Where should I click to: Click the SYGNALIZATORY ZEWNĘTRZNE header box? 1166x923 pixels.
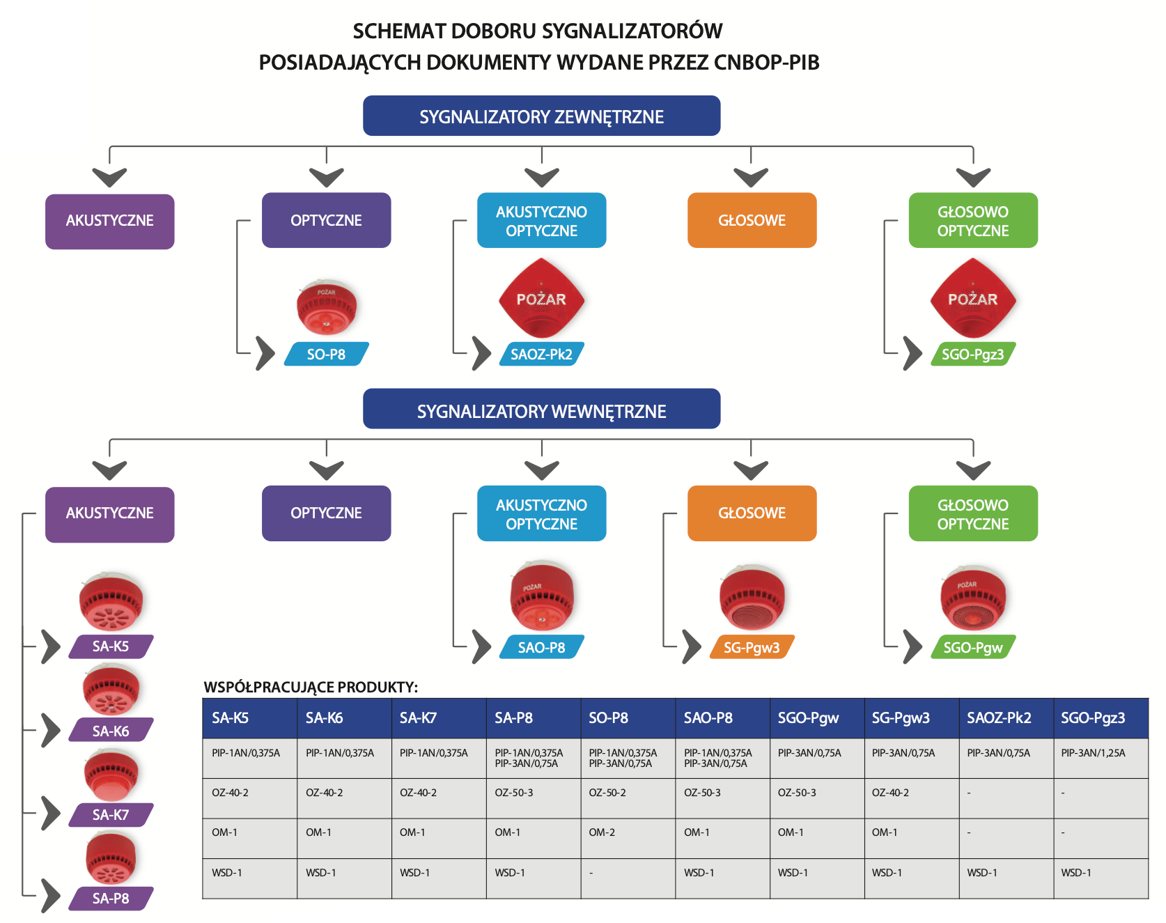(541, 116)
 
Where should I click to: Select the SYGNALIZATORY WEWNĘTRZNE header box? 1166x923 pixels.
(541, 409)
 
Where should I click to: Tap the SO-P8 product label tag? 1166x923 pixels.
(327, 354)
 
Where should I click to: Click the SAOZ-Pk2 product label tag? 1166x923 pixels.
(542, 354)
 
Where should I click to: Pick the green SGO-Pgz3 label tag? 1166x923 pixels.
(973, 354)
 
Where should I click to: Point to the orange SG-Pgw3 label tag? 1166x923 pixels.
(752, 647)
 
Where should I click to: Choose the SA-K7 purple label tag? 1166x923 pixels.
(111, 814)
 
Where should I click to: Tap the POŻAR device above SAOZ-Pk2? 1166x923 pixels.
(541, 298)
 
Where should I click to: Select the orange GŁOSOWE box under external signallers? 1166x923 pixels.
(752, 220)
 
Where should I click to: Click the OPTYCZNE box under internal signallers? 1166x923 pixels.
(326, 513)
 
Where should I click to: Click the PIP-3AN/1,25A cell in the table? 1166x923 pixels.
(1093, 753)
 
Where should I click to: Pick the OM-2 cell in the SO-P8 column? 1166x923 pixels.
(602, 832)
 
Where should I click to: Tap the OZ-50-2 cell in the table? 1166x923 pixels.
(607, 793)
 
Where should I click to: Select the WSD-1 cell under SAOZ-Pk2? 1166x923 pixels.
(982, 873)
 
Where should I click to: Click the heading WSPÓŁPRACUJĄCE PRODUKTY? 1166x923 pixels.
(311, 687)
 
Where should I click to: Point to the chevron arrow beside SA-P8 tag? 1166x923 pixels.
(51, 896)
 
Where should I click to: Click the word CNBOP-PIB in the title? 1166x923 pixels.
(766, 63)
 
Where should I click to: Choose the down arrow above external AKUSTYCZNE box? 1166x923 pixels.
(109, 177)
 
